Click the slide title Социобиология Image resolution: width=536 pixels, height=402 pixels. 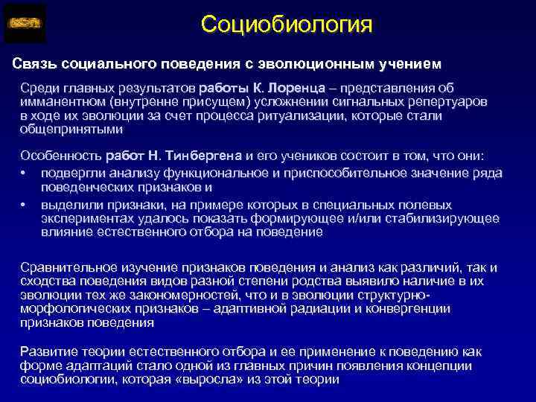pyautogui.click(x=286, y=24)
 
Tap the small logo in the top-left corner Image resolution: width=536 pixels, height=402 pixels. pyautogui.click(x=25, y=24)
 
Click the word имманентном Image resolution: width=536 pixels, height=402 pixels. pyautogui.click(x=62, y=103)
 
